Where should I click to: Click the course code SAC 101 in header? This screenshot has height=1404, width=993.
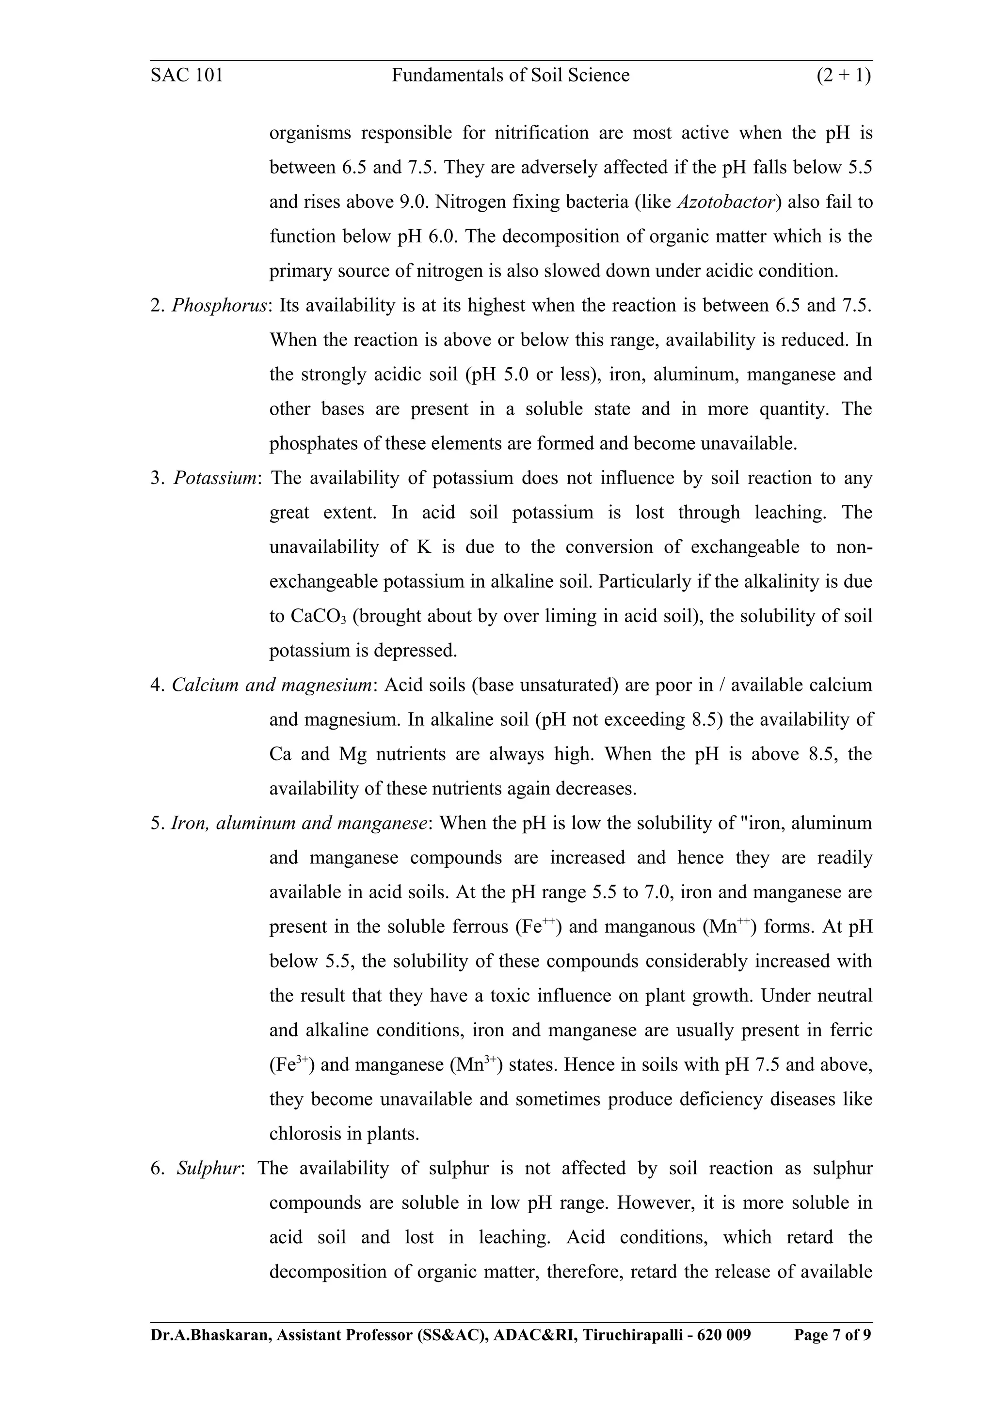[187, 75]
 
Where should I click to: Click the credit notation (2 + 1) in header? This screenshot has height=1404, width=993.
[844, 75]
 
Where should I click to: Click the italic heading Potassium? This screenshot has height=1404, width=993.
[215, 478]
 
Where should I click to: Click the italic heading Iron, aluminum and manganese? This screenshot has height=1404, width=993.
[299, 823]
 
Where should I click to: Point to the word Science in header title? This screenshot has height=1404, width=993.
[598, 75]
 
